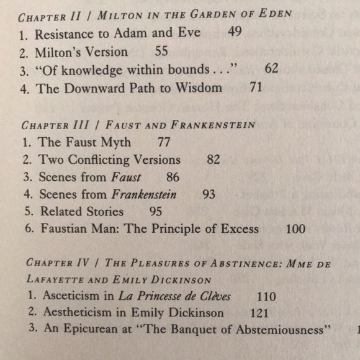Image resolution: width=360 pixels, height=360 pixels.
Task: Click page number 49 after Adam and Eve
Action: [x=235, y=32]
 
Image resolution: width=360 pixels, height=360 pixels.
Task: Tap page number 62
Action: [x=271, y=69]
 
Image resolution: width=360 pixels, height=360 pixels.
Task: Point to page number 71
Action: [x=256, y=88]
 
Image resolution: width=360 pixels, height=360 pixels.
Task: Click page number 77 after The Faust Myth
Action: [x=164, y=142]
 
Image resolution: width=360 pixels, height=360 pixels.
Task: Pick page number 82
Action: [x=213, y=160]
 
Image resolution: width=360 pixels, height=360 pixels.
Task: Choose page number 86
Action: [x=173, y=177]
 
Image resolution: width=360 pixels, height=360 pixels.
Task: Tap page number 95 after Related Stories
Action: [x=155, y=212]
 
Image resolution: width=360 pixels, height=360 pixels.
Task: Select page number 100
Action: [x=295, y=229]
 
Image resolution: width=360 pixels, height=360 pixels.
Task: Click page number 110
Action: [x=266, y=297]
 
